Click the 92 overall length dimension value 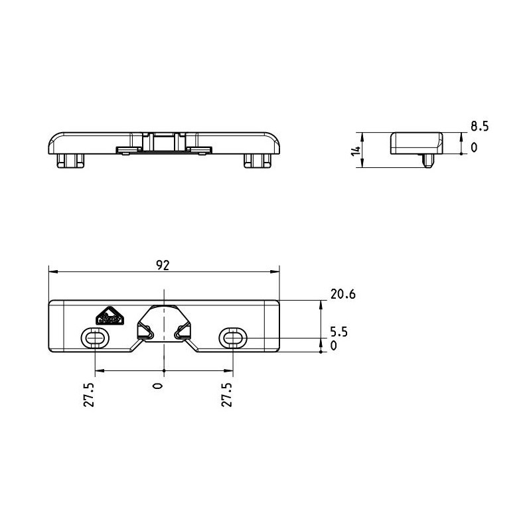(x=163, y=265)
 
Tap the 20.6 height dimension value (x=343, y=294)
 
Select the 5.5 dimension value (x=339, y=332)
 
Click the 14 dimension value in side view (x=356, y=151)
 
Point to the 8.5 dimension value (x=479, y=126)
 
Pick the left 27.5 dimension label (x=89, y=395)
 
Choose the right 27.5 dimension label (x=226, y=395)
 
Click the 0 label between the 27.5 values (x=158, y=386)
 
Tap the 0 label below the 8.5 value (x=474, y=147)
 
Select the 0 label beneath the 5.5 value (x=334, y=346)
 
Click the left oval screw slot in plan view (x=95, y=338)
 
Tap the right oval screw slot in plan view (x=233, y=338)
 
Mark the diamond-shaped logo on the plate (x=109, y=316)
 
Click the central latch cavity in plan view (x=164, y=323)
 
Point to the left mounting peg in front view (x=71, y=161)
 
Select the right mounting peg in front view (x=258, y=161)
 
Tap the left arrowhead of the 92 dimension (x=54, y=271)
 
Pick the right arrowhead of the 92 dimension (x=275, y=271)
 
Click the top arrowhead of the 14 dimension (x=362, y=137)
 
